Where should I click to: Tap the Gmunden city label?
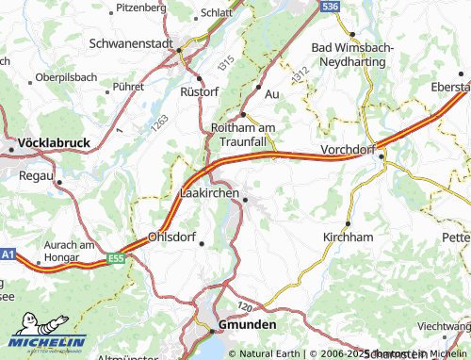pos(248,323)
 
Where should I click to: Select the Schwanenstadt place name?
pos(132,43)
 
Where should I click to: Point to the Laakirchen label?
pos(209,192)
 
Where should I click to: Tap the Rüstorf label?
pos(201,93)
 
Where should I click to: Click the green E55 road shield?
pos(116,257)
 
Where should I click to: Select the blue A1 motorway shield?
pos(8,254)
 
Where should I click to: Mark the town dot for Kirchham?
pos(348,223)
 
